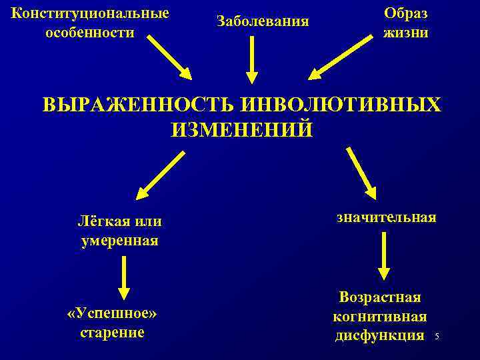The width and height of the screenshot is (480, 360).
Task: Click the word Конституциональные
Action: [90, 13]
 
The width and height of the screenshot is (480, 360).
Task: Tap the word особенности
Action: [90, 33]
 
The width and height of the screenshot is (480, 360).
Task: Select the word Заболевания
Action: [263, 21]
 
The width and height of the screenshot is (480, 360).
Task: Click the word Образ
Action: [406, 13]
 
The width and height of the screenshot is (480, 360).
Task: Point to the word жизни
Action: [406, 33]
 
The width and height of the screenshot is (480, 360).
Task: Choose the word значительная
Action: [386, 217]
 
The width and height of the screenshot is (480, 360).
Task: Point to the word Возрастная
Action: [380, 297]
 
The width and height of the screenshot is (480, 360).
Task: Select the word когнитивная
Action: [380, 316]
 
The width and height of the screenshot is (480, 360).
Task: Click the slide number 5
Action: [437, 337]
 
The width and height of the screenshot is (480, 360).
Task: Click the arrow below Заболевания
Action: [251, 61]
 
